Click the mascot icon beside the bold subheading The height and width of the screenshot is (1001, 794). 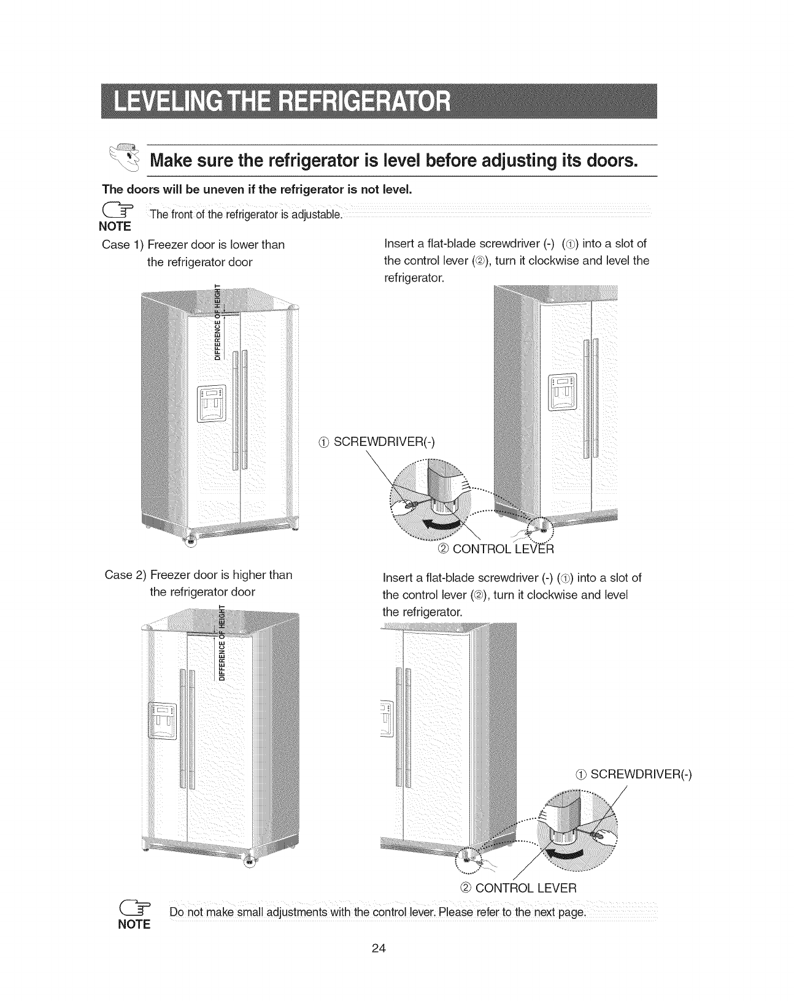pyautogui.click(x=126, y=157)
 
